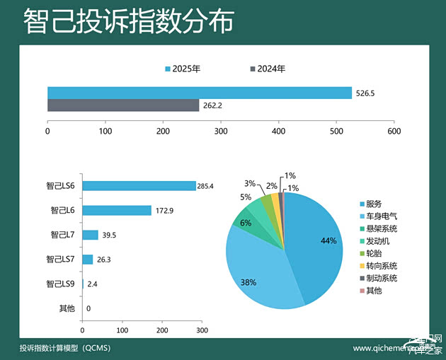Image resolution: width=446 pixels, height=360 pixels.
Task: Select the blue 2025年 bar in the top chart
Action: coord(199,93)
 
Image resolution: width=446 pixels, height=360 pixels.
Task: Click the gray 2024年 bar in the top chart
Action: coord(123,105)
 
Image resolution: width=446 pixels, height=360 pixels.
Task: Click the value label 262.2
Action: coord(212,105)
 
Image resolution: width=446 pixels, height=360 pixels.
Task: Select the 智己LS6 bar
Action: coord(139,186)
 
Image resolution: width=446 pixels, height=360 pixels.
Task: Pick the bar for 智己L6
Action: coord(117,210)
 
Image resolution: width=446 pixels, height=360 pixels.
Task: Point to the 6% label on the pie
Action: coord(246,223)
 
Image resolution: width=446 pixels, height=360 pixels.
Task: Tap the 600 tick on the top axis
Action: coord(394,132)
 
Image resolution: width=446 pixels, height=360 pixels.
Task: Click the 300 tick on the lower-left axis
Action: coord(202,330)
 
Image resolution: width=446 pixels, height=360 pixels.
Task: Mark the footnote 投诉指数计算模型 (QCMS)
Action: coord(64,348)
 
